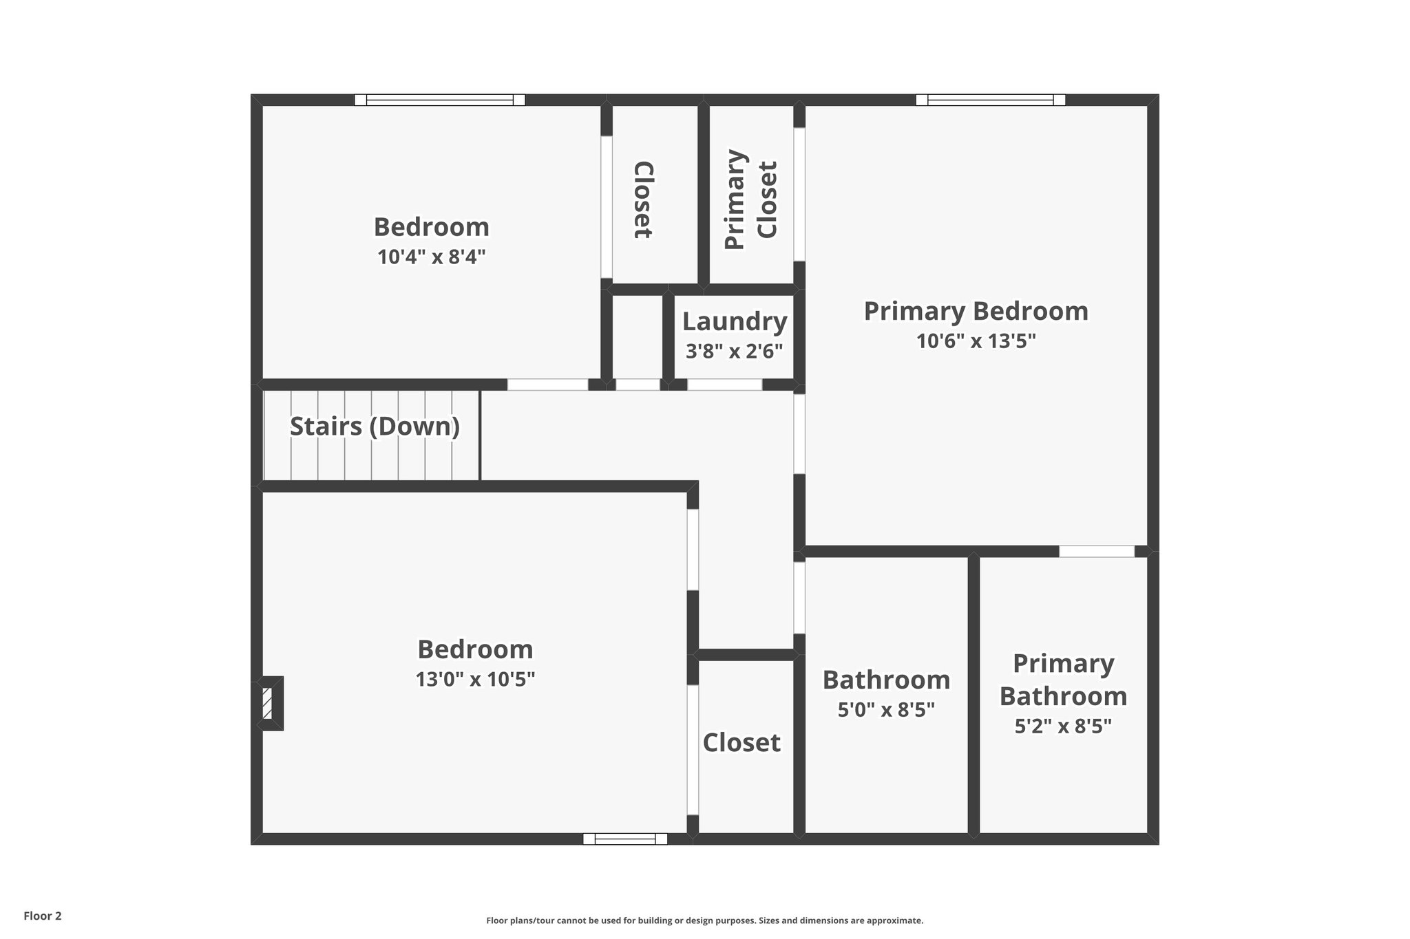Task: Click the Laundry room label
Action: pos(735,322)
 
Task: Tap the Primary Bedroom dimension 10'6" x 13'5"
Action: pos(976,341)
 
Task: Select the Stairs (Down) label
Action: pos(375,427)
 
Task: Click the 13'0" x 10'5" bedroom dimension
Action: pos(475,680)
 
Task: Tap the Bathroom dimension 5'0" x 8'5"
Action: pos(886,710)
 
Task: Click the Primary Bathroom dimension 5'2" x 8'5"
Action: pos(1063,726)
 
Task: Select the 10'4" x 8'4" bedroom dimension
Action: pos(432,257)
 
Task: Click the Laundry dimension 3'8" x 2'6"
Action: pos(735,352)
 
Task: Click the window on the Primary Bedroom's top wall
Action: pos(990,100)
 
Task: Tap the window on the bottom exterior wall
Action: pos(625,839)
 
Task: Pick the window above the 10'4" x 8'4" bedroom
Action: pos(439,100)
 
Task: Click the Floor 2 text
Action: pos(43,916)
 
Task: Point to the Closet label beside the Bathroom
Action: pos(741,743)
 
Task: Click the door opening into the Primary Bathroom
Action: pos(1096,552)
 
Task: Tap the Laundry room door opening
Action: pos(724,385)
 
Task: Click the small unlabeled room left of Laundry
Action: pos(637,337)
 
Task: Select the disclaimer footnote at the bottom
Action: pos(704,920)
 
